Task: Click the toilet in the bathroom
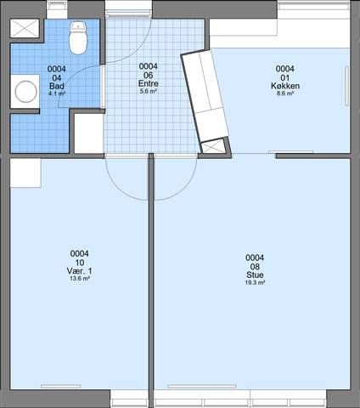pos(78,38)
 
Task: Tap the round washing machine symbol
pos(25,92)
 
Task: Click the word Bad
pos(57,86)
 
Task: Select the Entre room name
pos(148,83)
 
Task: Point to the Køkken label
pos(285,86)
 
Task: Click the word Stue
pos(255,275)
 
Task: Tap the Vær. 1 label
pos(79,271)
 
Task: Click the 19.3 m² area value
pos(255,282)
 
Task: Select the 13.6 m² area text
pos(80,278)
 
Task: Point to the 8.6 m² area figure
pos(285,93)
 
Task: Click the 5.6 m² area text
pos(148,91)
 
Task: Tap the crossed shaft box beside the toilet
pos(25,28)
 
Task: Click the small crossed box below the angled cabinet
pos(213,147)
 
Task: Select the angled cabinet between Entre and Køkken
pos(205,96)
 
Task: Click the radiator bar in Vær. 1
pos(61,386)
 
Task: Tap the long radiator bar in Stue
pos(202,386)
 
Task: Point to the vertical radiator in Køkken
pos(347,87)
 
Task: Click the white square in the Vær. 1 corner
pos(25,173)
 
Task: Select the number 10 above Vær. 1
pos(79,263)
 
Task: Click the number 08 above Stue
pos(255,267)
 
